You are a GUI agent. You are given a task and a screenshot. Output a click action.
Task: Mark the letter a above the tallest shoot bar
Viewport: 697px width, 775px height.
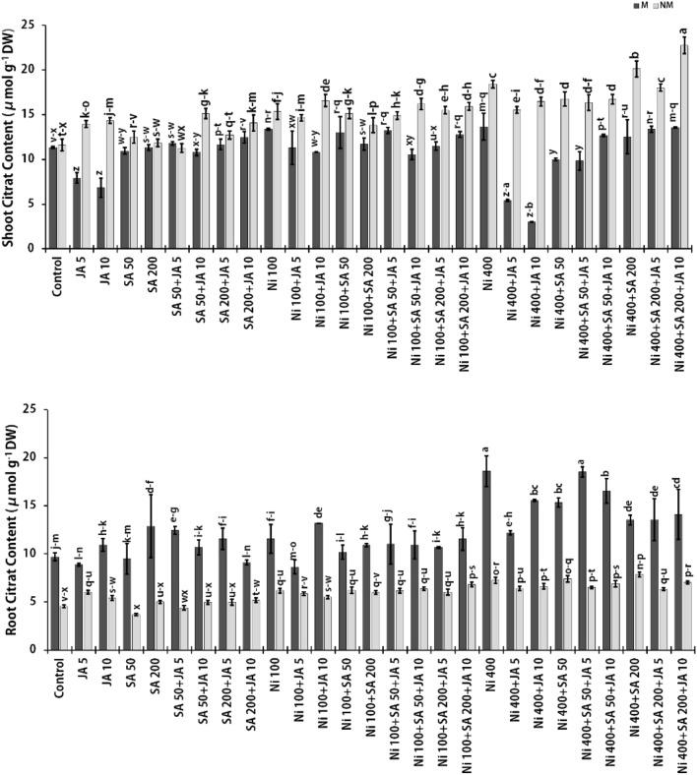coord(683,30)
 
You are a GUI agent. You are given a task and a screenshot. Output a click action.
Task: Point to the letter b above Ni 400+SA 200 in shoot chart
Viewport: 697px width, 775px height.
coord(635,56)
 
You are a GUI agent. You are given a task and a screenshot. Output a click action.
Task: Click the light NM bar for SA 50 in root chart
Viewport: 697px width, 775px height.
coord(137,631)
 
